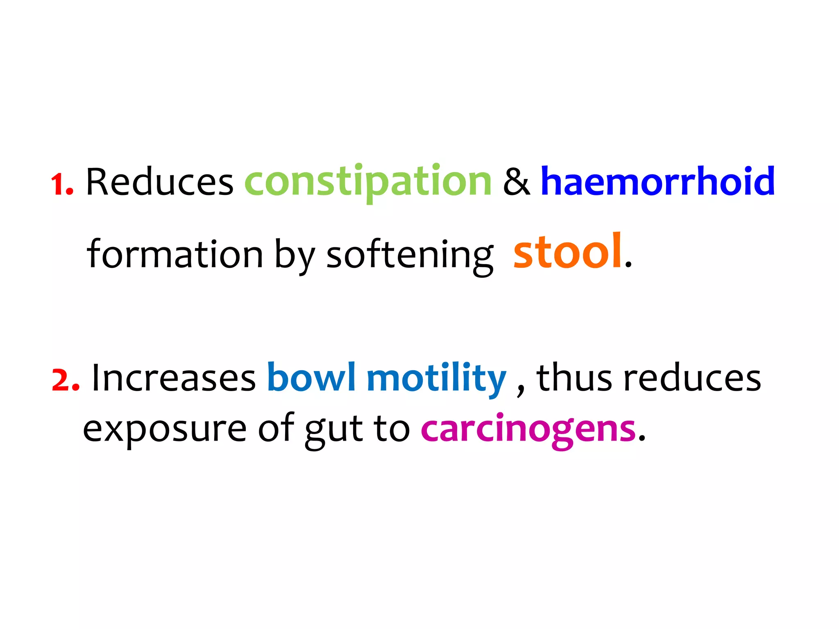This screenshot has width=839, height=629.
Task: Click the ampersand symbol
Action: pyautogui.click(x=516, y=182)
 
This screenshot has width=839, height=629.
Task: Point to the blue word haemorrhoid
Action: pyautogui.click(x=658, y=181)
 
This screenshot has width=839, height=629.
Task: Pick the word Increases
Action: pyautogui.click(x=174, y=378)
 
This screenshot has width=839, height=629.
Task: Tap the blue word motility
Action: pyautogui.click(x=437, y=378)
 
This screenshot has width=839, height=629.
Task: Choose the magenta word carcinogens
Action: pyautogui.click(x=528, y=430)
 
